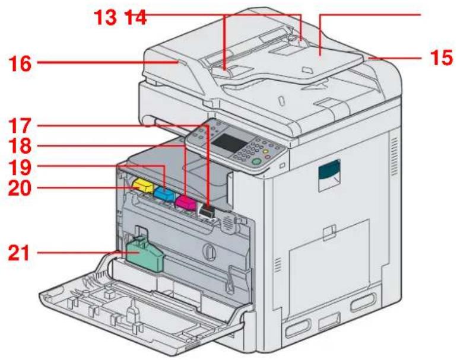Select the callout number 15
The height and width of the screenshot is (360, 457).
[441, 58]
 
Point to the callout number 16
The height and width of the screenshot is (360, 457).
[20, 64]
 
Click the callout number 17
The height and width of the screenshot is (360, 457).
[20, 126]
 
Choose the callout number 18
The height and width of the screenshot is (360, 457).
[20, 146]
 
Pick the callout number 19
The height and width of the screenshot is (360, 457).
[20, 167]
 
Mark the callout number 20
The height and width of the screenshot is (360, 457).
[20, 188]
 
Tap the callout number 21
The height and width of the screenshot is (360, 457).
[19, 253]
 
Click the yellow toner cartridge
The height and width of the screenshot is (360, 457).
[142, 186]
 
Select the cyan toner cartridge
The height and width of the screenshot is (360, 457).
[164, 195]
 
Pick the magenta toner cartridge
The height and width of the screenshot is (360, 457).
[186, 202]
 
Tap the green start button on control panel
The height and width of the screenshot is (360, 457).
[256, 162]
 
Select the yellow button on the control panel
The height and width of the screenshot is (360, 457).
[265, 152]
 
